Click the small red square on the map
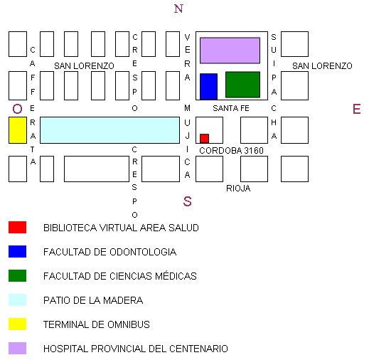204,139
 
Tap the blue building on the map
208,87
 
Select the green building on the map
242,85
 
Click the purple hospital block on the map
230,51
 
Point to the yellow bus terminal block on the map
18,130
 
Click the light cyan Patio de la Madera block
109,130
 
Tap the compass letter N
178,9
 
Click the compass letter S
187,201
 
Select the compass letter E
357,109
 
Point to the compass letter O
17,109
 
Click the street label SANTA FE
231,108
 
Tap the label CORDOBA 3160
231,151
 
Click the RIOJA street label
238,189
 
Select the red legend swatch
17,227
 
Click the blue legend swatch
17,251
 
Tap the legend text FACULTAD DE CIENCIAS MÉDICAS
120,276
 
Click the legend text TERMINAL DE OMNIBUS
97,324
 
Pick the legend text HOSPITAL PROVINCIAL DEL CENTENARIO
136,349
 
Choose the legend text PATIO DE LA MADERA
93,300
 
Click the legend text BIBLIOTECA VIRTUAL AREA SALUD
121,228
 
